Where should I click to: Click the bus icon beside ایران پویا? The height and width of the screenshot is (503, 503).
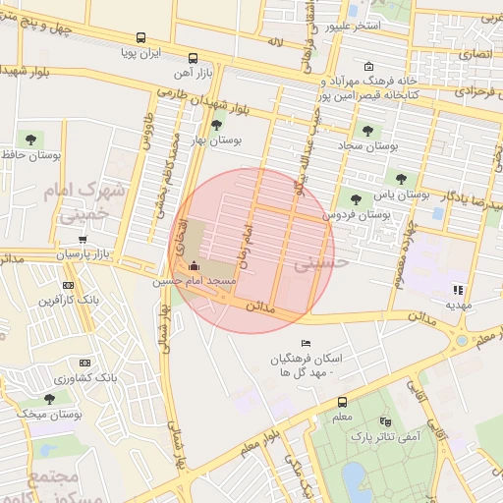click(193, 57)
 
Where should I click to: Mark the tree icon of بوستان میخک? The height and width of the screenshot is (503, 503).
click(49, 398)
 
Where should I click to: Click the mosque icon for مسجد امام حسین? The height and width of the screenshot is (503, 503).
click(193, 266)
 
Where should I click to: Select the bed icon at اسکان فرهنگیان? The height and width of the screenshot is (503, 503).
click(307, 342)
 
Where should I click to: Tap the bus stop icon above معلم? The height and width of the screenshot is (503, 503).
click(342, 402)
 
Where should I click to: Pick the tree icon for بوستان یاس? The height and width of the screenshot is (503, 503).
click(399, 177)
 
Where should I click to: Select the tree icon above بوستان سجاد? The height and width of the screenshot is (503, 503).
click(367, 130)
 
